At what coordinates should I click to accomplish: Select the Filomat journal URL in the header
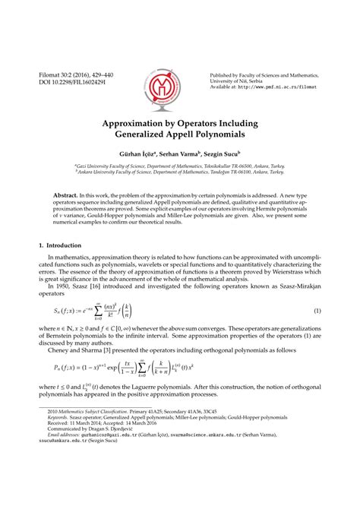pyautogui.click(x=287, y=87)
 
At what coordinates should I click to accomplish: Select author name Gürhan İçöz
pyautogui.click(x=137, y=154)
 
